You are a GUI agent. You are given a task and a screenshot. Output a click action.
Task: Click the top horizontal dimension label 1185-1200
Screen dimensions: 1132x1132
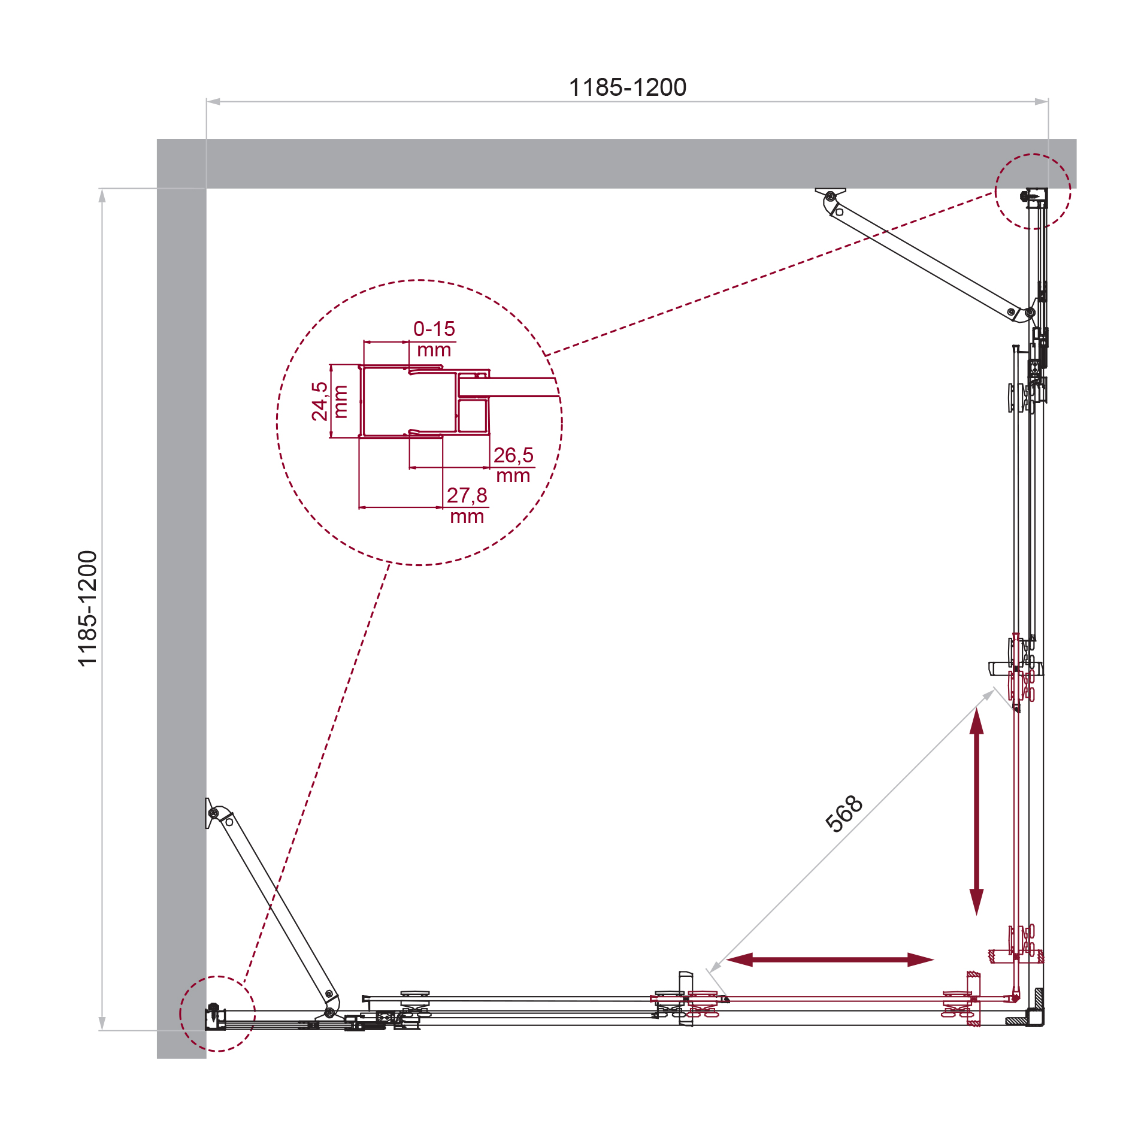point(627,87)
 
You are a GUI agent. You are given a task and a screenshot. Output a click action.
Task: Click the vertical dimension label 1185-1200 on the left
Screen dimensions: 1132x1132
point(87,609)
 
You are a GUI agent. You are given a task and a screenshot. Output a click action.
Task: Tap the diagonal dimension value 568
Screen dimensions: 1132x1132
point(844,813)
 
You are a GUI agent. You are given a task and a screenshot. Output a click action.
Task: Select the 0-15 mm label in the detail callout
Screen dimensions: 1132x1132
point(434,339)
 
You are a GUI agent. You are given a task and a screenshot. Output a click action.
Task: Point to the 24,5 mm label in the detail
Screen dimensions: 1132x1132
point(329,401)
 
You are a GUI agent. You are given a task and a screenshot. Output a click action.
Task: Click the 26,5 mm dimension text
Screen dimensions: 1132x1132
point(513,465)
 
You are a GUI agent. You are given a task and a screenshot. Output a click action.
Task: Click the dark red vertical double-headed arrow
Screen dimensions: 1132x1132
point(977,811)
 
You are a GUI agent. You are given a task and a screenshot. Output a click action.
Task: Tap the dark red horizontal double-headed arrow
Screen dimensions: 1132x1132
point(830,960)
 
